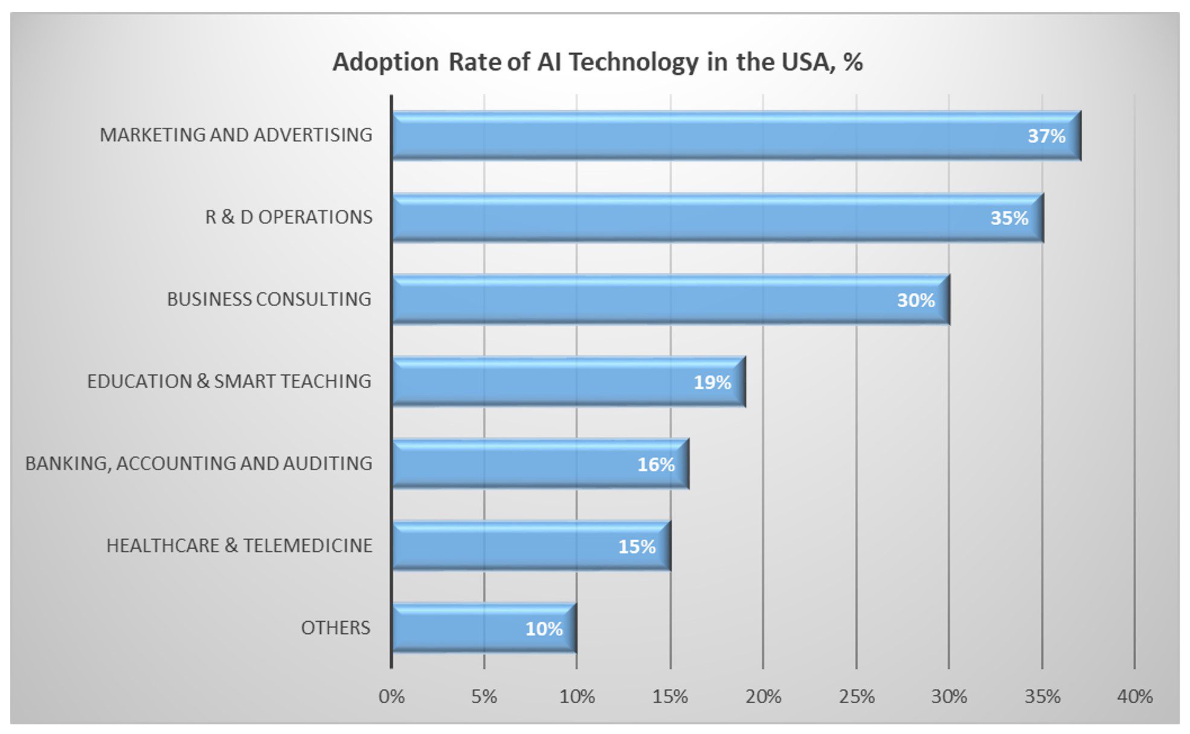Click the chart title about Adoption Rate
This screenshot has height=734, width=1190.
click(x=597, y=62)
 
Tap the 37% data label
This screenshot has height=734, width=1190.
click(x=1046, y=136)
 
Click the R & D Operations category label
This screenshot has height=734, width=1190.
click(x=289, y=217)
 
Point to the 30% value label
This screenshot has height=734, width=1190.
click(x=916, y=300)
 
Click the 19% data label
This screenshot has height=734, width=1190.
click(x=712, y=382)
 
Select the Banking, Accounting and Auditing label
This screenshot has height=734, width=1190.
click(x=199, y=464)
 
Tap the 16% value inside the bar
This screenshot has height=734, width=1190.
click(x=656, y=464)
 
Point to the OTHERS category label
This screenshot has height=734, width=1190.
click(x=335, y=628)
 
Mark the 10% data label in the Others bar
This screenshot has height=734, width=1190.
click(x=544, y=629)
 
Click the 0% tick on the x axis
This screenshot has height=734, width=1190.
click(x=391, y=697)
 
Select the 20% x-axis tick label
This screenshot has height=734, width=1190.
click(x=763, y=697)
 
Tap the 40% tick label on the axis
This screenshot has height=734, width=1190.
click(x=1134, y=697)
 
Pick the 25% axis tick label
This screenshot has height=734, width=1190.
click(x=856, y=697)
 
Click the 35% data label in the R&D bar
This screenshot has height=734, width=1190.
click(x=1009, y=218)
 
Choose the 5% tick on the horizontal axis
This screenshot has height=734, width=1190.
click(x=484, y=697)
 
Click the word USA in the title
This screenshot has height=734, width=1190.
click(x=807, y=62)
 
